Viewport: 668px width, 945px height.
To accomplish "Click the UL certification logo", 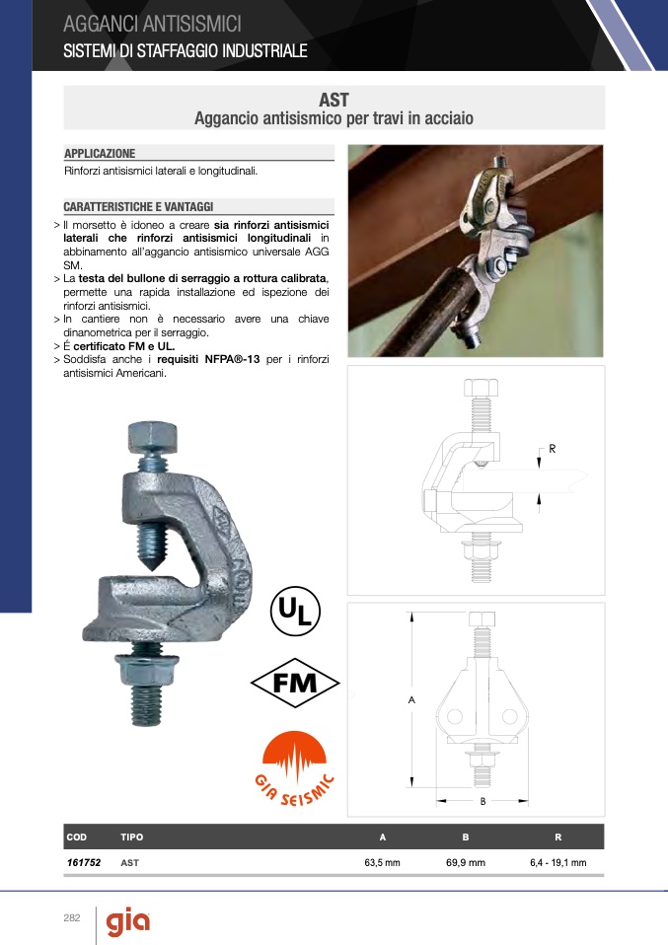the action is (295, 612).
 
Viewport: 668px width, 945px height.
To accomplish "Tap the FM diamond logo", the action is (295, 683).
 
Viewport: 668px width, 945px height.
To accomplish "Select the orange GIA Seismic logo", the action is (294, 768).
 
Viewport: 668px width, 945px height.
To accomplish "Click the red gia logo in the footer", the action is (128, 923).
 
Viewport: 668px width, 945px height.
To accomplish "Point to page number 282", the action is (72, 918).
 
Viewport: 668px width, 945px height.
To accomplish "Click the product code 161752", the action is (84, 862).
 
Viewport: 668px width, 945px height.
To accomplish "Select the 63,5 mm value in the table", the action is (382, 862).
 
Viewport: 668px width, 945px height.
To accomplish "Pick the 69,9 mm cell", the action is (466, 862).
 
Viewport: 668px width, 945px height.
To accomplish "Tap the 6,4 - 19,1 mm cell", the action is (558, 862).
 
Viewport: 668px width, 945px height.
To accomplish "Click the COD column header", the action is (77, 837).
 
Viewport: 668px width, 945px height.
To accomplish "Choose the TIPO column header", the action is (132, 837).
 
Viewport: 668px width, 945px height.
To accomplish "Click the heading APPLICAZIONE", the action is (100, 153).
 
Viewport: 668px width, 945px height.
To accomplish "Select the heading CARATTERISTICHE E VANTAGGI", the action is (139, 207).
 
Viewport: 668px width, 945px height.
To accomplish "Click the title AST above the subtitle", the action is (334, 100).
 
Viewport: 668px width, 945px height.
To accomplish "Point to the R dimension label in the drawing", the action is (553, 449).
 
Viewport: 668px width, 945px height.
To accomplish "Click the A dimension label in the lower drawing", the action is (411, 699).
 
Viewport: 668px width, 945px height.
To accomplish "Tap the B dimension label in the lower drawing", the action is (482, 802).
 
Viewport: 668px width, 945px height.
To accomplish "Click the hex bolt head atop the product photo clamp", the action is (153, 438).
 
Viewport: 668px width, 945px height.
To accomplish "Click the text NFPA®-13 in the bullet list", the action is (232, 359).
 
